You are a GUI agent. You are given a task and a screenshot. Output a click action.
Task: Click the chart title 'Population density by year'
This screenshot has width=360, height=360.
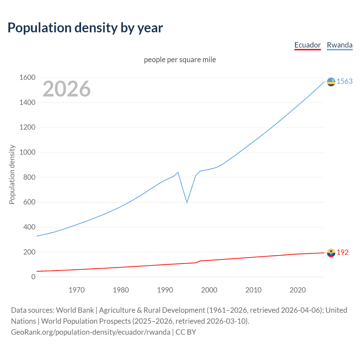click(85, 28)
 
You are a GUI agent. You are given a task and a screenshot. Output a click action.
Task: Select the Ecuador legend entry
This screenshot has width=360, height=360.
click(307, 45)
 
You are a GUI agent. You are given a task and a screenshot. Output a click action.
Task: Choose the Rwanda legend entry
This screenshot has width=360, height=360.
click(339, 45)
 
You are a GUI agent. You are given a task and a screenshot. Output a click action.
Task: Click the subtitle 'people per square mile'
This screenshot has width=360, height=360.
click(180, 60)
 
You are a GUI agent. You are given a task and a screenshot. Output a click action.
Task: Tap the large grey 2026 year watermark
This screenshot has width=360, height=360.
click(67, 89)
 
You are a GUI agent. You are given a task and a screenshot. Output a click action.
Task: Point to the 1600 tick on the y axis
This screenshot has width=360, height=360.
click(27, 77)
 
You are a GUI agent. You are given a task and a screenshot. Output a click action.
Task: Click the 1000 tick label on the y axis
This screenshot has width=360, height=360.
click(27, 152)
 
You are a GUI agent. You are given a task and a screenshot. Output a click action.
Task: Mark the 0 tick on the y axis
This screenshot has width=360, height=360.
click(33, 277)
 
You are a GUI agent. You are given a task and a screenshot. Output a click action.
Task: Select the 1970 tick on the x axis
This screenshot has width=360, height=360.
click(76, 290)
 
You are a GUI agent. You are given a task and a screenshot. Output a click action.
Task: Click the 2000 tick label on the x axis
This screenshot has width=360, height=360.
click(209, 290)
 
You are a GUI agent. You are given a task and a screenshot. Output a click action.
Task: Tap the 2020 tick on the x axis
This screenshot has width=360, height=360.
click(298, 290)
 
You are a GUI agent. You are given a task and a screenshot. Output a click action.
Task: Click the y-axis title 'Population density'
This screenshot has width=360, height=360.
click(12, 174)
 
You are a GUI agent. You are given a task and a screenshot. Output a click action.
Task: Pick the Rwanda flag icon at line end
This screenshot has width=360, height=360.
click(331, 82)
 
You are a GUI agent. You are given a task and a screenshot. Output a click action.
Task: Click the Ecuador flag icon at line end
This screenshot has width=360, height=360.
click(331, 253)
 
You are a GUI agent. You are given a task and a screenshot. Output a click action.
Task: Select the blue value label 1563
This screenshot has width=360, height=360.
click(345, 81)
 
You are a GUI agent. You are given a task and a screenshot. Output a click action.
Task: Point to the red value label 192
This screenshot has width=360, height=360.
click(343, 252)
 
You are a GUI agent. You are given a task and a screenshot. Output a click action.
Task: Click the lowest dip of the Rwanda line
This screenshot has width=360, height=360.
click(187, 202)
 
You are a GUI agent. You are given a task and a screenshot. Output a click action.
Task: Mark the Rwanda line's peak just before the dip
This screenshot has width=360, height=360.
click(178, 172)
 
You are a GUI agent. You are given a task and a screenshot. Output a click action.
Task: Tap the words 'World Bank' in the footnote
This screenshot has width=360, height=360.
click(75, 310)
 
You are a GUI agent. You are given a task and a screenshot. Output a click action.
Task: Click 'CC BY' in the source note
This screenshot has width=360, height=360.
click(186, 332)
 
